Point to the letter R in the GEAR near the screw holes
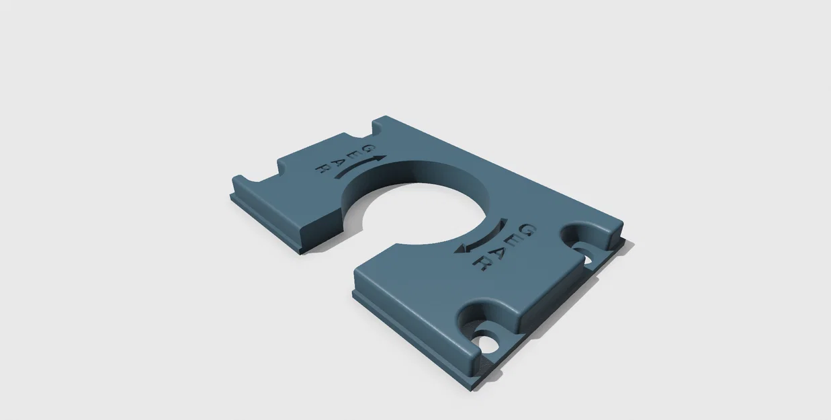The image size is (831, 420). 479,264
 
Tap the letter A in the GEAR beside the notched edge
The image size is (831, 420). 337,162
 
